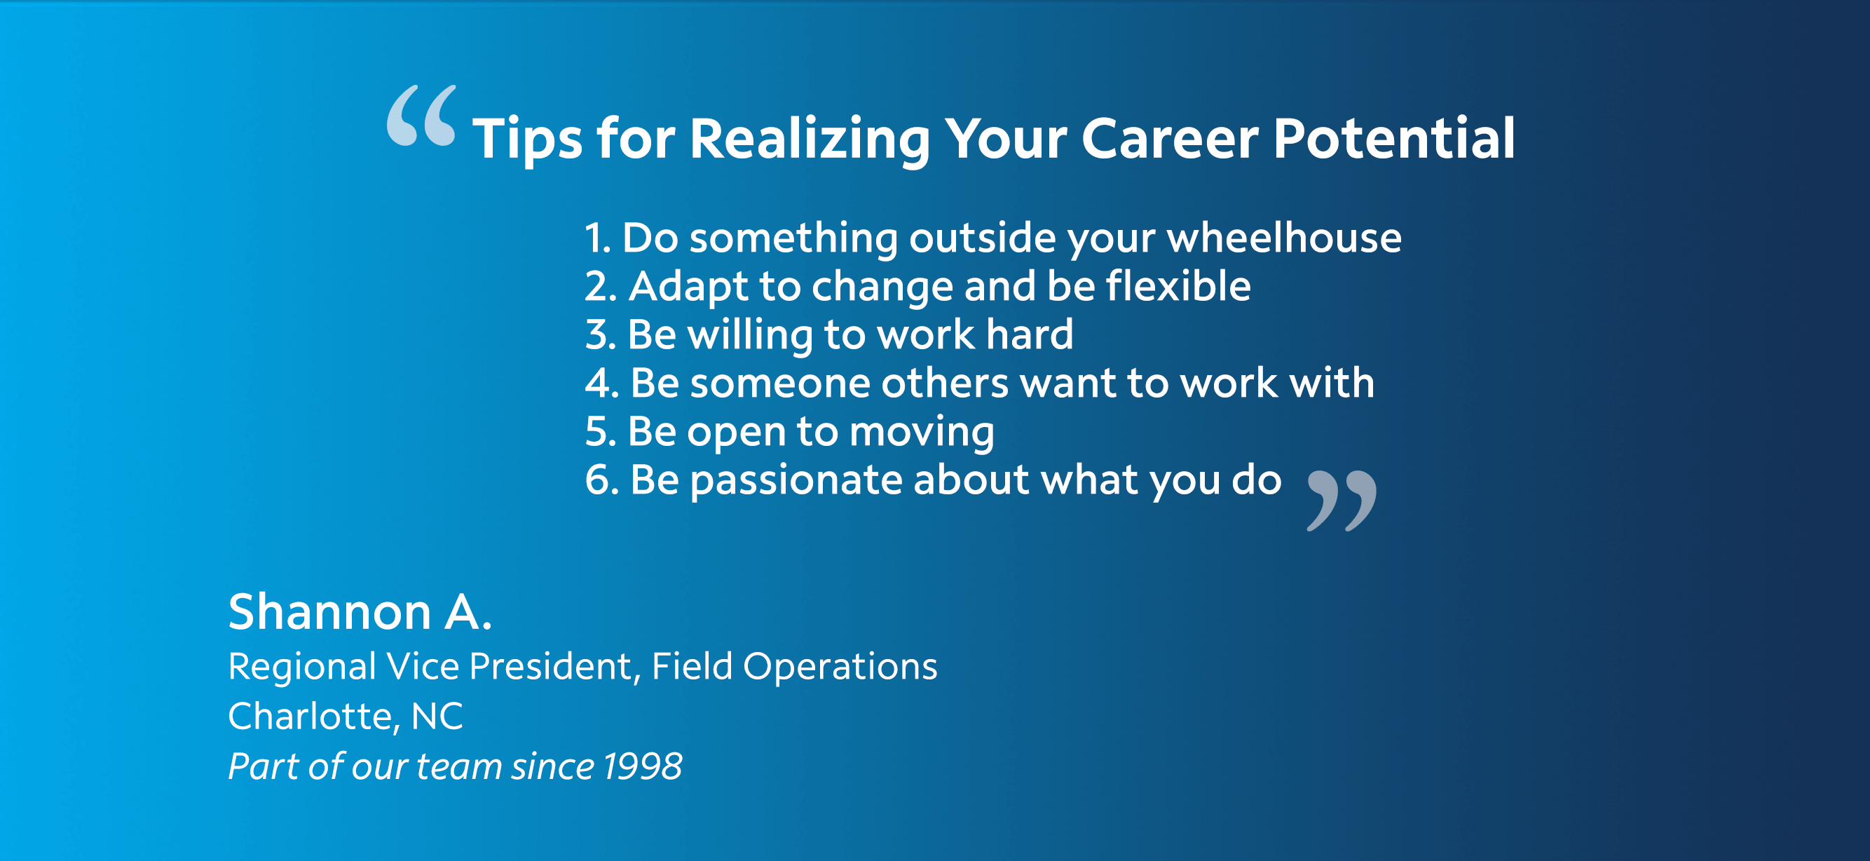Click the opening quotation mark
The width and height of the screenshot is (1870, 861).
(x=422, y=116)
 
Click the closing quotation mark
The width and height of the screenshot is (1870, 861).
(x=1342, y=501)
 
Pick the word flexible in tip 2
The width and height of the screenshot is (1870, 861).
(x=1179, y=285)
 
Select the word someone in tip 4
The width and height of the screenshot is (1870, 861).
(x=779, y=384)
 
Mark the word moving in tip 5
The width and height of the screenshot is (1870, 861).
(x=922, y=433)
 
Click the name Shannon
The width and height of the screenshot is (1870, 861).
(x=330, y=611)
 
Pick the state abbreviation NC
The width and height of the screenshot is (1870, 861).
(x=437, y=717)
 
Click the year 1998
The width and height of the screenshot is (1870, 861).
(x=642, y=766)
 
